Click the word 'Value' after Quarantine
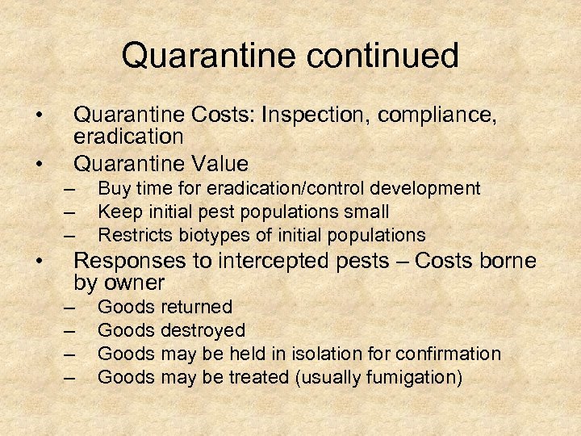click(220, 164)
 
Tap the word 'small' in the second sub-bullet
click(367, 212)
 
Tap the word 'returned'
click(197, 307)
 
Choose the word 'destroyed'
click(203, 330)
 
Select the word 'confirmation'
click(449, 354)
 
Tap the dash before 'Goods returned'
click(69, 308)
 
